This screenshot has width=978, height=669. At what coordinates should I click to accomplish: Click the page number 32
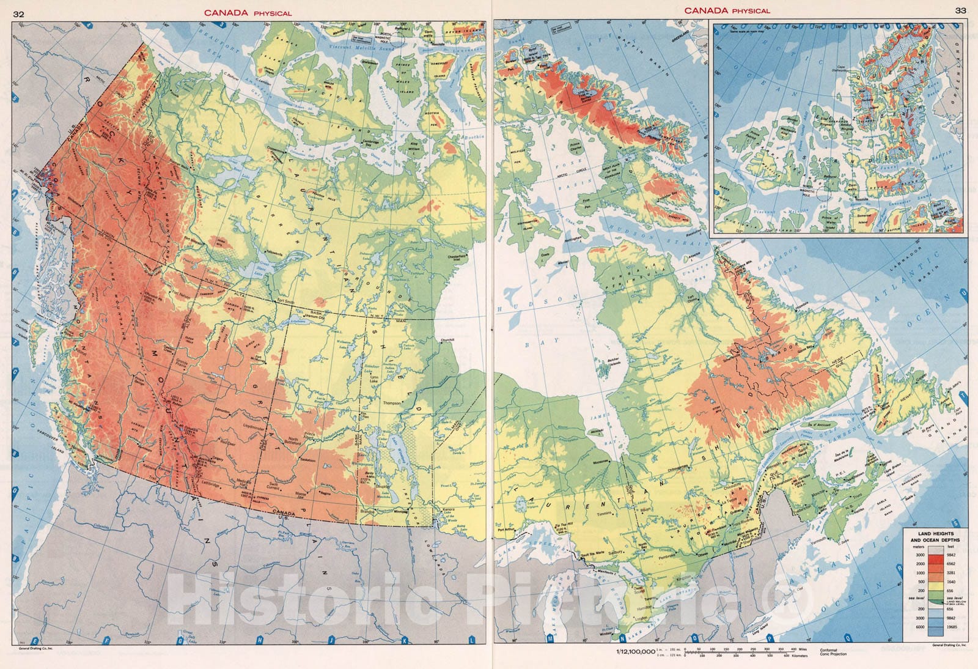(x=19, y=13)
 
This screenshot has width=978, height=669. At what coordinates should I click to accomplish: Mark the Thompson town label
(x=391, y=404)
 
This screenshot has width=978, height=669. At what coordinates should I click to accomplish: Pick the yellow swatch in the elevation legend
(x=936, y=582)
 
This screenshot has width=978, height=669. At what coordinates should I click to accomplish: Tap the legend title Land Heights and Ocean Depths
(x=932, y=537)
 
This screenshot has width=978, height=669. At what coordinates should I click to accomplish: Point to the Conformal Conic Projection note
(x=833, y=652)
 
